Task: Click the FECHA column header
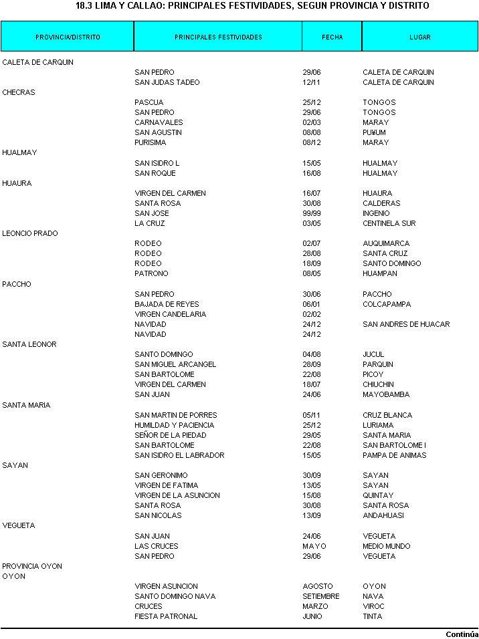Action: (x=332, y=37)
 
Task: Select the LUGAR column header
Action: (x=420, y=37)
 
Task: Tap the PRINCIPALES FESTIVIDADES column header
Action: (x=218, y=37)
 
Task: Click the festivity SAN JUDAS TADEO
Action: (x=167, y=82)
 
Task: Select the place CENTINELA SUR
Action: (x=389, y=223)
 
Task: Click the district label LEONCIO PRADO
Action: (x=30, y=233)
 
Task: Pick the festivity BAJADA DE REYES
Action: (x=167, y=304)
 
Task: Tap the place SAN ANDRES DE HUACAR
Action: (x=406, y=324)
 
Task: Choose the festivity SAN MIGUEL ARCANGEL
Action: (x=175, y=364)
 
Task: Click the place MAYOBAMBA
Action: (x=386, y=394)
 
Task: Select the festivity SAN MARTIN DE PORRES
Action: (x=176, y=415)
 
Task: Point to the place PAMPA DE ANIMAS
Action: (x=394, y=455)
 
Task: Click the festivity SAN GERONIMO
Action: (x=161, y=475)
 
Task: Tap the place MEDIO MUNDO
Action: (x=387, y=546)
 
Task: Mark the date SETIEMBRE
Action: (x=321, y=596)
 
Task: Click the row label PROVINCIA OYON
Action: (x=32, y=566)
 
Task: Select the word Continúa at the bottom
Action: (x=462, y=634)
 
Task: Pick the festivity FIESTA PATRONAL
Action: (x=166, y=616)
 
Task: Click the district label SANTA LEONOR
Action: (x=29, y=344)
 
